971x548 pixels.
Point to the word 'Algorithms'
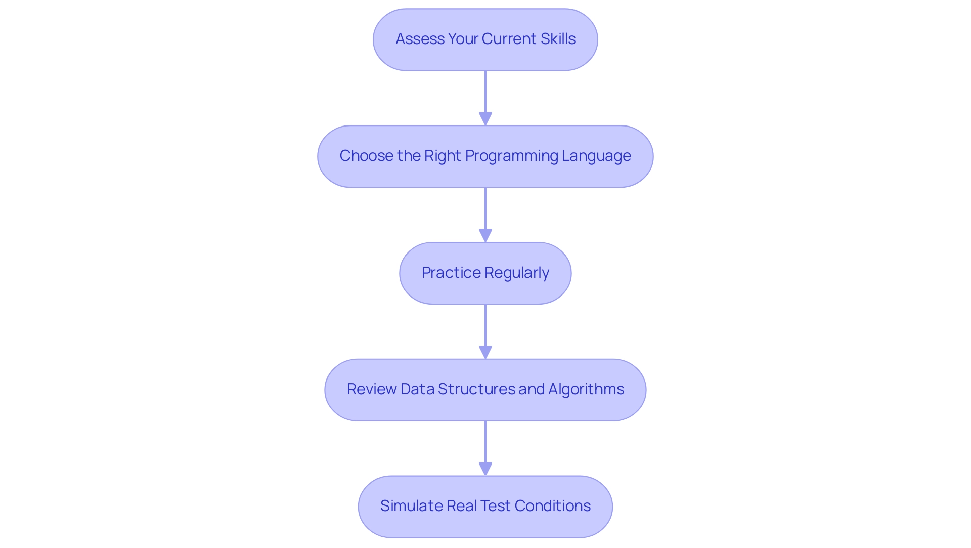coord(586,389)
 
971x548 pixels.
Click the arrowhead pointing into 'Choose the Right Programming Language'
coord(485,118)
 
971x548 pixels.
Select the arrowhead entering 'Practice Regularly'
coord(485,235)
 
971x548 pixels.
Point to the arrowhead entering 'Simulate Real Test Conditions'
coord(485,469)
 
